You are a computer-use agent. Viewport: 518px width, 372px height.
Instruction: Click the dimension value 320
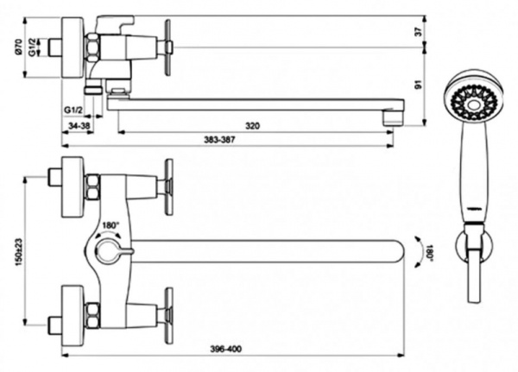[252, 127]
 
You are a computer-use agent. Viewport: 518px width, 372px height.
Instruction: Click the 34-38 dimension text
[79, 127]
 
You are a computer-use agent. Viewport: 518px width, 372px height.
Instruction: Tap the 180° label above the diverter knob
[111, 226]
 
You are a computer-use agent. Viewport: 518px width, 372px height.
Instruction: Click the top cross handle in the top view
[168, 181]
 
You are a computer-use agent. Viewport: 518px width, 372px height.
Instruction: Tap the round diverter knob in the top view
[106, 251]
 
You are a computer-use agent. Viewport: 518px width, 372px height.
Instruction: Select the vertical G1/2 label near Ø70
[32, 47]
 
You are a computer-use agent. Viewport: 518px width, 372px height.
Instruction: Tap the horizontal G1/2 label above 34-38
[73, 110]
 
